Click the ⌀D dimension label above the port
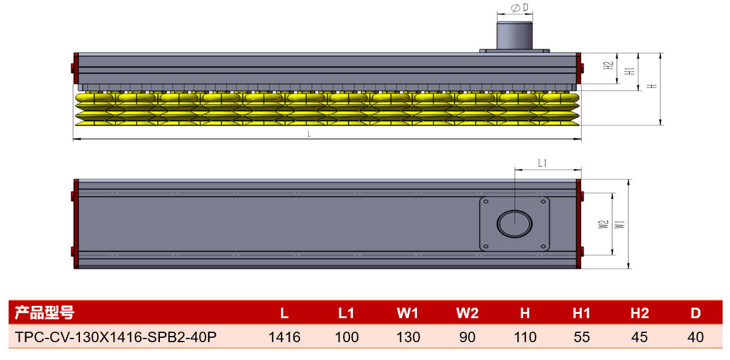515,7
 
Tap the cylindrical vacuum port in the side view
515,36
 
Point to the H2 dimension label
608,66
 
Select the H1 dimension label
630,71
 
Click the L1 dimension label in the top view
542,163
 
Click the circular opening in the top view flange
515,223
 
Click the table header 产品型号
44,313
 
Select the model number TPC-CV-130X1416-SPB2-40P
116,337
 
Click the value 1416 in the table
285,337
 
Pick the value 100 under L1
346,337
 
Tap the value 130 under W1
408,337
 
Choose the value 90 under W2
467,337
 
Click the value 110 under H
525,337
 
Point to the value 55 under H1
582,337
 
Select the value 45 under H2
640,337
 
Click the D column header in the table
696,313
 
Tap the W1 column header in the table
408,313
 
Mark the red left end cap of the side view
76,68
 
